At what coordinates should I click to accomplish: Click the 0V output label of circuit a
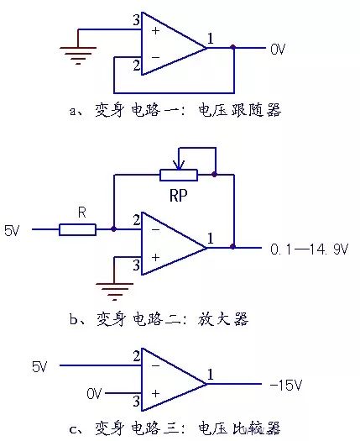coord(278,50)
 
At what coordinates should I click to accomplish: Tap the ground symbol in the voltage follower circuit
coord(78,55)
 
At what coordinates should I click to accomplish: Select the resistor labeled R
coord(77,229)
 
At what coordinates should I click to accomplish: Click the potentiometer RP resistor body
coord(179,175)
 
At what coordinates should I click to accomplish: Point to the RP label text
coord(179,195)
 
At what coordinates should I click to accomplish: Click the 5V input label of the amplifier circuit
coord(12,231)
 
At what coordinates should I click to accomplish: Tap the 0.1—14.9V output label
coord(310,249)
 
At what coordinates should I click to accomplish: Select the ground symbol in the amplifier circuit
coord(114,292)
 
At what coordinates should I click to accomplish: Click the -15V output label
coord(286,385)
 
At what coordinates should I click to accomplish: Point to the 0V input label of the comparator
coord(94,393)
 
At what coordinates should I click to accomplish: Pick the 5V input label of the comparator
coord(39,367)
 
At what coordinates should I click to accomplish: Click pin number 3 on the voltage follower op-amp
coord(136,20)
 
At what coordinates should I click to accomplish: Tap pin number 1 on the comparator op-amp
coord(211,375)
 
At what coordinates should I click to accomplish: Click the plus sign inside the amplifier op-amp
coord(155,257)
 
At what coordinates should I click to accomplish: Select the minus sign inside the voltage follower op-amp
coord(155,57)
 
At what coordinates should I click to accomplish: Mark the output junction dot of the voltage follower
coord(233,47)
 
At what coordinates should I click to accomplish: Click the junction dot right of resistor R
coord(113,229)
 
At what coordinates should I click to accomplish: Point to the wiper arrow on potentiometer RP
coord(179,165)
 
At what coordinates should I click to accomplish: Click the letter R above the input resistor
coord(81,213)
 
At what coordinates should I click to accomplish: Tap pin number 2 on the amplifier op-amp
coord(137,220)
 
